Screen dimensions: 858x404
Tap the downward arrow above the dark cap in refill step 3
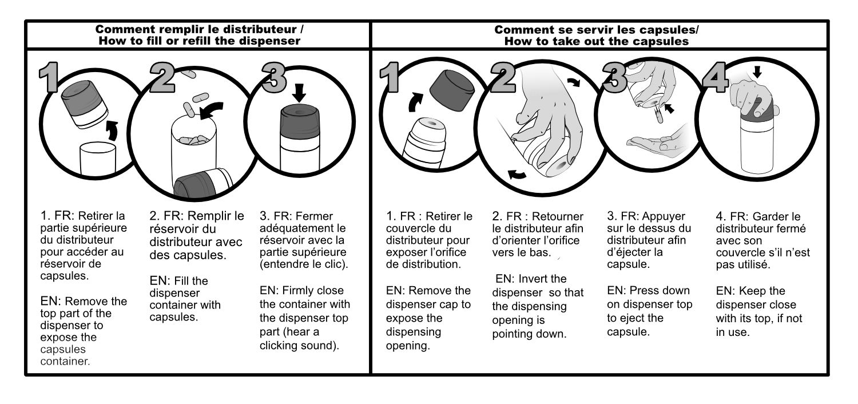tap(299, 92)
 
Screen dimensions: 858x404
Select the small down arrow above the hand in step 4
tap(757, 72)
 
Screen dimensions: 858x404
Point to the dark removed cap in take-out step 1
tap(452, 90)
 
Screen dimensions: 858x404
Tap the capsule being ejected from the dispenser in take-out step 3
tap(658, 114)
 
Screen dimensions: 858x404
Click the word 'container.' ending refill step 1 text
tap(65, 362)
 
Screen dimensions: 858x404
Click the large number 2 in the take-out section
tap(503, 77)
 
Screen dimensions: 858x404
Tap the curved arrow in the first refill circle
tap(112, 130)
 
